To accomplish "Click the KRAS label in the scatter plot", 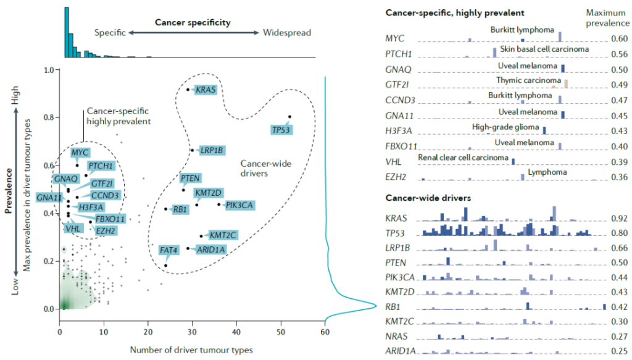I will point(206,90).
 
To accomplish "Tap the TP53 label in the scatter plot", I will point(281,130).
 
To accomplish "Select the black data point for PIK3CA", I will point(218,204).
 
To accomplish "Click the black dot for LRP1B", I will point(192,150).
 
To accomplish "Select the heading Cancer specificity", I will point(192,23).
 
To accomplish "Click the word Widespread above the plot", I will point(287,33).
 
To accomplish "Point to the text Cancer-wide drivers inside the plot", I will point(265,169).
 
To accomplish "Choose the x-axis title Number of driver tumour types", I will point(191,350).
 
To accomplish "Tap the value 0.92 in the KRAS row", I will point(619,219).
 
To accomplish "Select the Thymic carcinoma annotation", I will point(528,80).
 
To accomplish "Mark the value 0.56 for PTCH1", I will point(619,54).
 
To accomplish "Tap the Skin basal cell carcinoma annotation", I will point(545,49).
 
